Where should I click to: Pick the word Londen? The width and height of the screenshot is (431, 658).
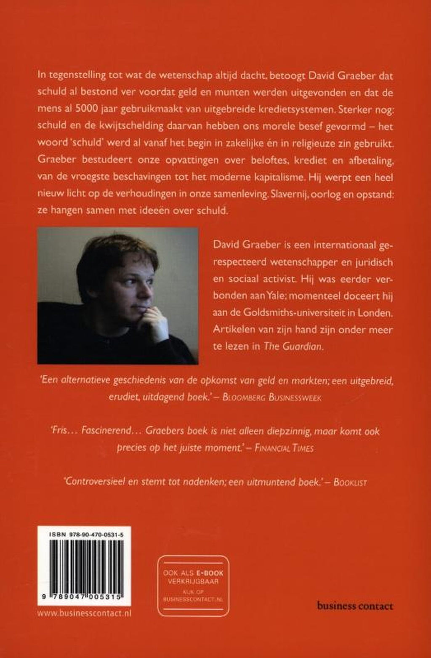click(378, 313)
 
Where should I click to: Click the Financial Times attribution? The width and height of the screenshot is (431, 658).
click(284, 448)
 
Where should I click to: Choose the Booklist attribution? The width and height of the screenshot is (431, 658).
click(350, 482)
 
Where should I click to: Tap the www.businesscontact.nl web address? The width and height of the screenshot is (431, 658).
click(84, 613)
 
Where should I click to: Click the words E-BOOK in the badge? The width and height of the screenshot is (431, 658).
click(210, 573)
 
